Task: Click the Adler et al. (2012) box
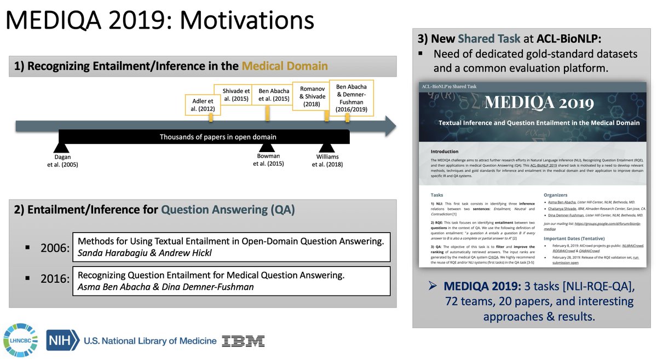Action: coord(203,105)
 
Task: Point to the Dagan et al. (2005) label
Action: coord(62,160)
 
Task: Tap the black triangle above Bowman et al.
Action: coord(267,147)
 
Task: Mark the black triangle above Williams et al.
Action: coord(326,147)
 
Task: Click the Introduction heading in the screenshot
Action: coord(445,152)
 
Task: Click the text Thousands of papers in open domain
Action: coord(218,137)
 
